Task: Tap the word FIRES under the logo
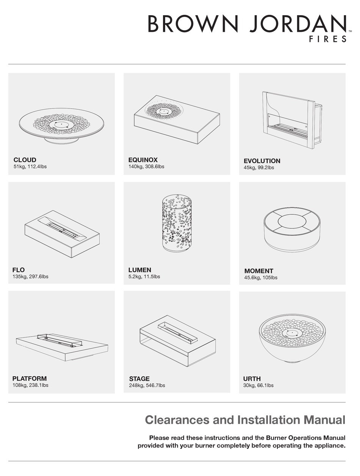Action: (327, 39)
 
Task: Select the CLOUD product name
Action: (25, 160)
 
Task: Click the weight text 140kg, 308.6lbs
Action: (146, 167)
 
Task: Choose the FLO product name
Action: (18, 270)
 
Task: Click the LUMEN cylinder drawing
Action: (177, 224)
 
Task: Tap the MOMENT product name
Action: (258, 271)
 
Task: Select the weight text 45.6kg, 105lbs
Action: (261, 278)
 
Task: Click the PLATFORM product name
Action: (30, 379)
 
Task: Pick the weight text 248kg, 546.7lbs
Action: (147, 385)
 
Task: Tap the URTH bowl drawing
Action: (292, 338)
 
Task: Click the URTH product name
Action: (252, 379)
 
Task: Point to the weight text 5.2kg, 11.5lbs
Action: (144, 276)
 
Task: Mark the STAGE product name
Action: (139, 379)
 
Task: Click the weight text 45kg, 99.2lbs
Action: (258, 168)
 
